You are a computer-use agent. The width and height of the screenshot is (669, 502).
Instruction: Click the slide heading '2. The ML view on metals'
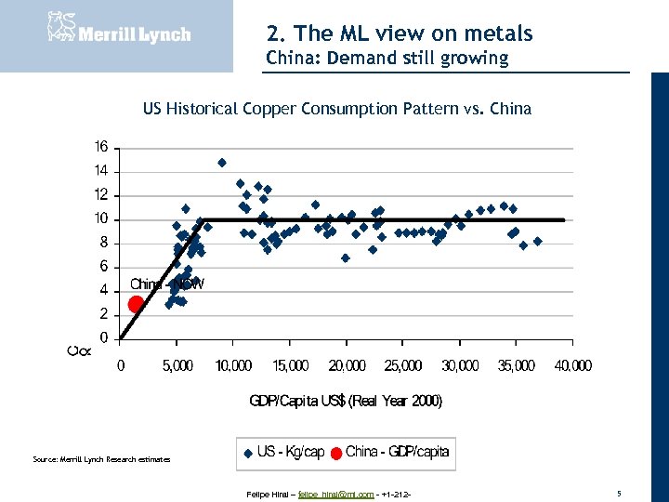click(400, 34)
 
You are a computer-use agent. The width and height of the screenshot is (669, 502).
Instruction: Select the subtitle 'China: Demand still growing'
click(387, 59)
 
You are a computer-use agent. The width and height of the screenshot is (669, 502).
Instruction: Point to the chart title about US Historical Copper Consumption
click(337, 109)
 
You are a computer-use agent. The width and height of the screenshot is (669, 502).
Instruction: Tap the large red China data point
click(136, 304)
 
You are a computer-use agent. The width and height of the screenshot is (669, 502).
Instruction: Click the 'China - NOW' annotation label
click(167, 284)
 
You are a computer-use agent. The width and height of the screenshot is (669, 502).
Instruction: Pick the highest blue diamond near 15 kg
click(222, 163)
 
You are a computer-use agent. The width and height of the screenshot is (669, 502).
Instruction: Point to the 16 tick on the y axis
click(100, 147)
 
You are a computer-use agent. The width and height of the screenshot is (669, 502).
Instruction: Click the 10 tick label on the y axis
click(100, 219)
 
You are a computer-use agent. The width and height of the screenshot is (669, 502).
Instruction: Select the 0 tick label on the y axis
click(104, 338)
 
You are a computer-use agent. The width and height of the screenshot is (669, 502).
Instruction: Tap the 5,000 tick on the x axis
click(177, 366)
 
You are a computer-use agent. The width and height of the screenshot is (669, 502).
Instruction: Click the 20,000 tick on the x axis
click(348, 366)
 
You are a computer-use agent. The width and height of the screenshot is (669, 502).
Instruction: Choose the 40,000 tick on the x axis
click(572, 366)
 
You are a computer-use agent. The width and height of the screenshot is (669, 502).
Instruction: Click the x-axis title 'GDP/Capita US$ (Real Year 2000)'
click(346, 402)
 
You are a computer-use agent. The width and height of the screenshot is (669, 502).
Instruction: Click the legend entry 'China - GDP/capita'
click(396, 453)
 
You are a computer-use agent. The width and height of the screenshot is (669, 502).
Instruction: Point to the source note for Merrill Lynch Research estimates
click(102, 459)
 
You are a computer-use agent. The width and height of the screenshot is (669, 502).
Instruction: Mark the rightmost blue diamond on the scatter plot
click(537, 242)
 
